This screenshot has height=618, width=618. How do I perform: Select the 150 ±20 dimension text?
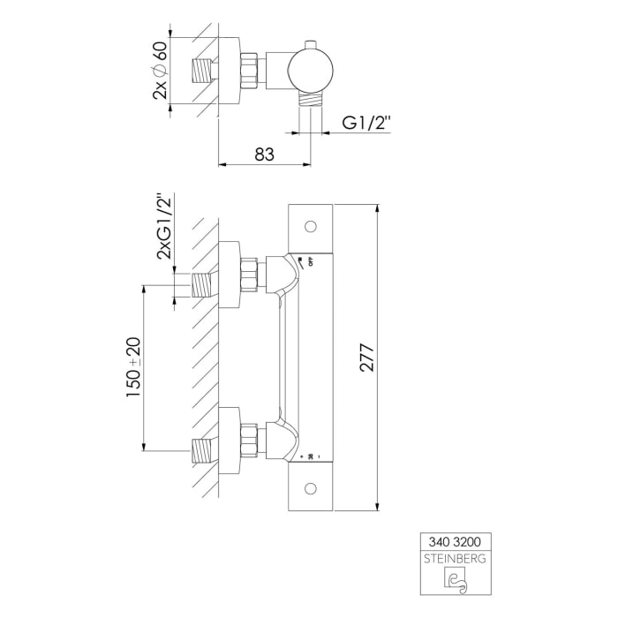pyautogui.click(x=133, y=366)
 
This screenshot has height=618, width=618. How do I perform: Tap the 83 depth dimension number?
pyautogui.click(x=263, y=153)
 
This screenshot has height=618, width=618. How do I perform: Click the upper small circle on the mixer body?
pyautogui.click(x=310, y=226)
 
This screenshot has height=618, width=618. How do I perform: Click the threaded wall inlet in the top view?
pyautogui.click(x=205, y=71)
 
